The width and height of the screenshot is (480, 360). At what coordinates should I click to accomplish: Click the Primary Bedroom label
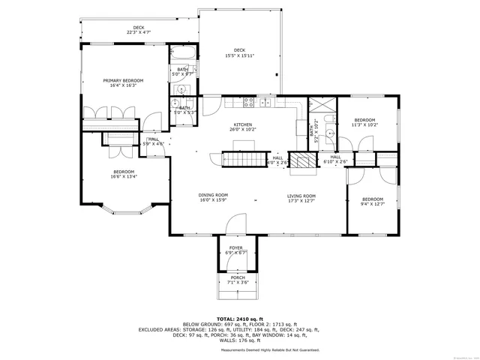click(x=123, y=80)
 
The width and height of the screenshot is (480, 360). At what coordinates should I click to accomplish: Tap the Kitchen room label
click(x=242, y=125)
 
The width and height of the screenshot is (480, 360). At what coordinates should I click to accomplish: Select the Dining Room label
click(x=213, y=194)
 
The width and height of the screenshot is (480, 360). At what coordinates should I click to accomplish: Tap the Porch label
click(x=238, y=278)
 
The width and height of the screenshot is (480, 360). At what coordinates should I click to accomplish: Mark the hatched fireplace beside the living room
click(x=302, y=160)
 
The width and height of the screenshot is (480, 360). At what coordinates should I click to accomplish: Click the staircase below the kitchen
click(x=243, y=159)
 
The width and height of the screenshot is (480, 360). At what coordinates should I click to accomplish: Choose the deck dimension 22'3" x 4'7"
click(x=139, y=32)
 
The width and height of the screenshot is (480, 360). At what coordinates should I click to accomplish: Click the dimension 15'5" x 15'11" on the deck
click(x=239, y=55)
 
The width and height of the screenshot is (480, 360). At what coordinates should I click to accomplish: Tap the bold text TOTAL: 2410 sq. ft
click(x=240, y=319)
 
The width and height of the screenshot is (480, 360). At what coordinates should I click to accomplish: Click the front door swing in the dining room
click(x=235, y=223)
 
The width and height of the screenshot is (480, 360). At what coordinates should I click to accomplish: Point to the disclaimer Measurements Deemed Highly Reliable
click(x=269, y=349)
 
